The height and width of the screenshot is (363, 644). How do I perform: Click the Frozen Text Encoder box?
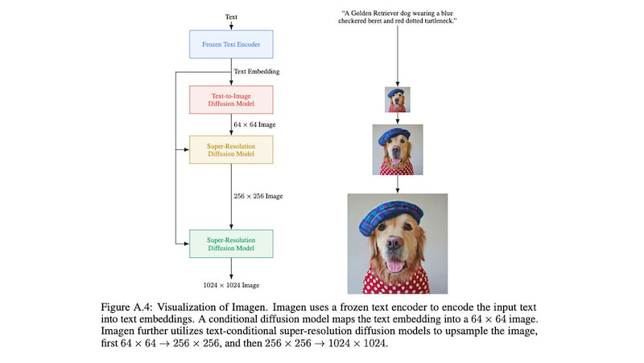tap(231, 44)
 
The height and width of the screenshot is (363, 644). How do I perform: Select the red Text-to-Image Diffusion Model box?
tap(231, 100)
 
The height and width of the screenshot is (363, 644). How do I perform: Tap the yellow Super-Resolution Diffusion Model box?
tap(231, 149)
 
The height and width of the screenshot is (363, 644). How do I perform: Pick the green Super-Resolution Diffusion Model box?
tap(231, 244)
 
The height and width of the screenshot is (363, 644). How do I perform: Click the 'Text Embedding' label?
tap(257, 72)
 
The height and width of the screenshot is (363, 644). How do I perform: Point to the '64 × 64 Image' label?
tap(254, 125)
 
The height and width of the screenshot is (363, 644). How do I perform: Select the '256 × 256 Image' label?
tap(258, 196)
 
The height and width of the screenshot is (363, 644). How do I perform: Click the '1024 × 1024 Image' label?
tap(231, 286)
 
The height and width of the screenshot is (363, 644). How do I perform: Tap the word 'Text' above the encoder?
tap(231, 15)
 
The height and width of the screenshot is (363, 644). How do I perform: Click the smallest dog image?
tap(398, 100)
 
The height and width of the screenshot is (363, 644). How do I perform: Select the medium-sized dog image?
tap(398, 149)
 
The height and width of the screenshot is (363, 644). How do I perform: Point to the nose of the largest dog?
tap(397, 247)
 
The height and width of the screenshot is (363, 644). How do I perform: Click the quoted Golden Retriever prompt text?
tap(398, 19)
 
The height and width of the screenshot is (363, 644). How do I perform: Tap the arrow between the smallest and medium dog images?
tap(398, 118)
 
